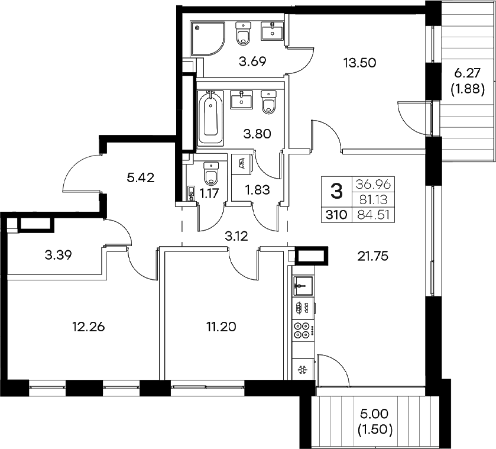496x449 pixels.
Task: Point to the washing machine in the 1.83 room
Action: pos(243,164)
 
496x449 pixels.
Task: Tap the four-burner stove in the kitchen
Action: pos(302,330)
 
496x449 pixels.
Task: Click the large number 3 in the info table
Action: pos(336,191)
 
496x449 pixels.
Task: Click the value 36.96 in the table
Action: pos(372,185)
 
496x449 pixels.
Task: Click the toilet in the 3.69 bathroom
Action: pos(243,34)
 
